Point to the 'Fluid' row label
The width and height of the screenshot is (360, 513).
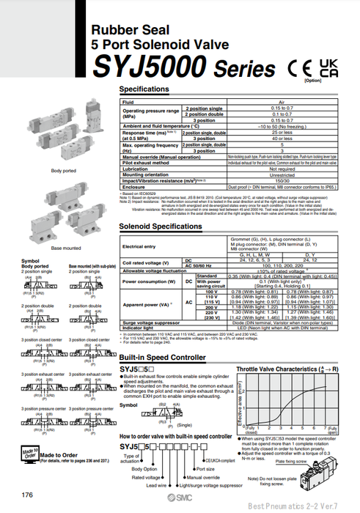(x=128, y=103)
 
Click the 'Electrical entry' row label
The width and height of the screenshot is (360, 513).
(x=139, y=246)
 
